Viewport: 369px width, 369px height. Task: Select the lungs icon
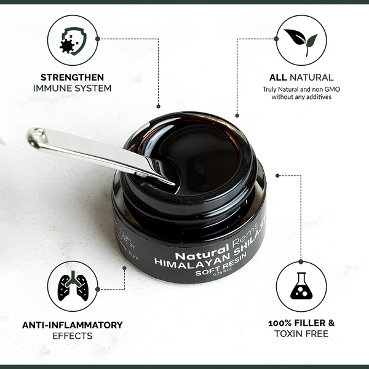72,286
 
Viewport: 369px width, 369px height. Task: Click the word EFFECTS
73,336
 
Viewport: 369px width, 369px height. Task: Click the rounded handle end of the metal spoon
37,137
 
